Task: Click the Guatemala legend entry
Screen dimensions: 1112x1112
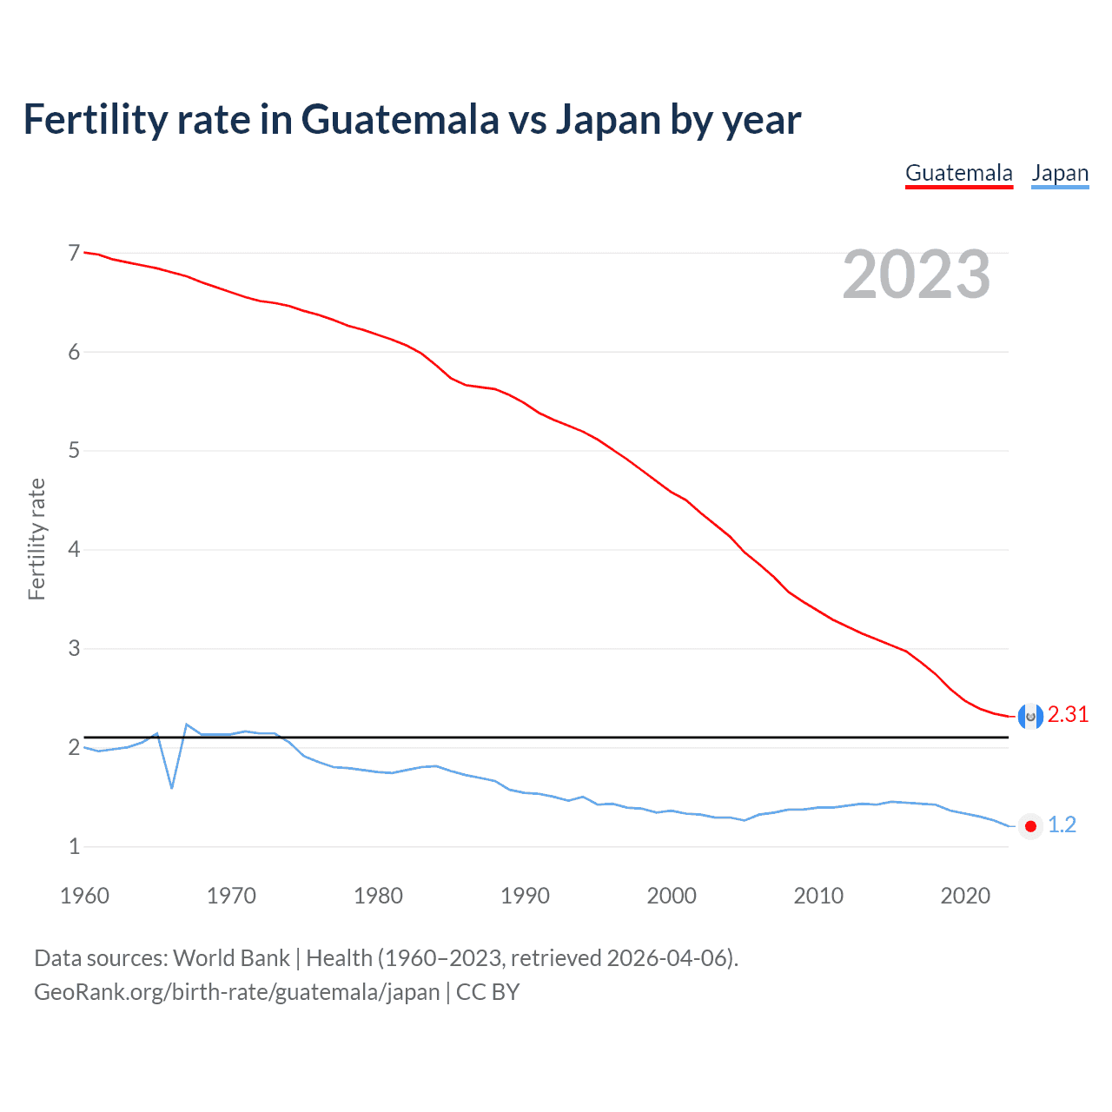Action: pos(958,173)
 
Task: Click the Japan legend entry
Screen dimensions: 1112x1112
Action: pos(1060,173)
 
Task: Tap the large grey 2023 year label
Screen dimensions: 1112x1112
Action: pos(916,275)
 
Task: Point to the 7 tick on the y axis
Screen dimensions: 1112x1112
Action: pos(74,253)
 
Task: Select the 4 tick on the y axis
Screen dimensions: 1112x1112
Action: pos(74,549)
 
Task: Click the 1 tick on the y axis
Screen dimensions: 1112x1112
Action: pos(74,846)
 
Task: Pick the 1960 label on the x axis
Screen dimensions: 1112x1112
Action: pos(84,896)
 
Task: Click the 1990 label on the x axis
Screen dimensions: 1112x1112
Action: pos(525,896)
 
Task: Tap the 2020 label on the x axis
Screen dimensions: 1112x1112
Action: pos(965,896)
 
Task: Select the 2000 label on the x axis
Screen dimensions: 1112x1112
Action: pos(672,896)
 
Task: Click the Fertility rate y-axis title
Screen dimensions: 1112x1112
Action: pos(36,539)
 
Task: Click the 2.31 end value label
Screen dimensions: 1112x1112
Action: pos(1068,714)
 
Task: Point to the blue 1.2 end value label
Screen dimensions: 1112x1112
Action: pos(1062,824)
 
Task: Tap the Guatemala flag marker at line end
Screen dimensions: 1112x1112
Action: pos(1030,716)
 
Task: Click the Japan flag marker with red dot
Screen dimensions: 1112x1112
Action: pos(1030,826)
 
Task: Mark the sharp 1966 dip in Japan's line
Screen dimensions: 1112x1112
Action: pos(172,787)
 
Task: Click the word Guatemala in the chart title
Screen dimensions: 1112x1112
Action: pos(400,119)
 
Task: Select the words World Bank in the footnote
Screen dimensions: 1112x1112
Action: pos(231,958)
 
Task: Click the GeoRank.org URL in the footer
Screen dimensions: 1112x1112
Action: pos(236,992)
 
